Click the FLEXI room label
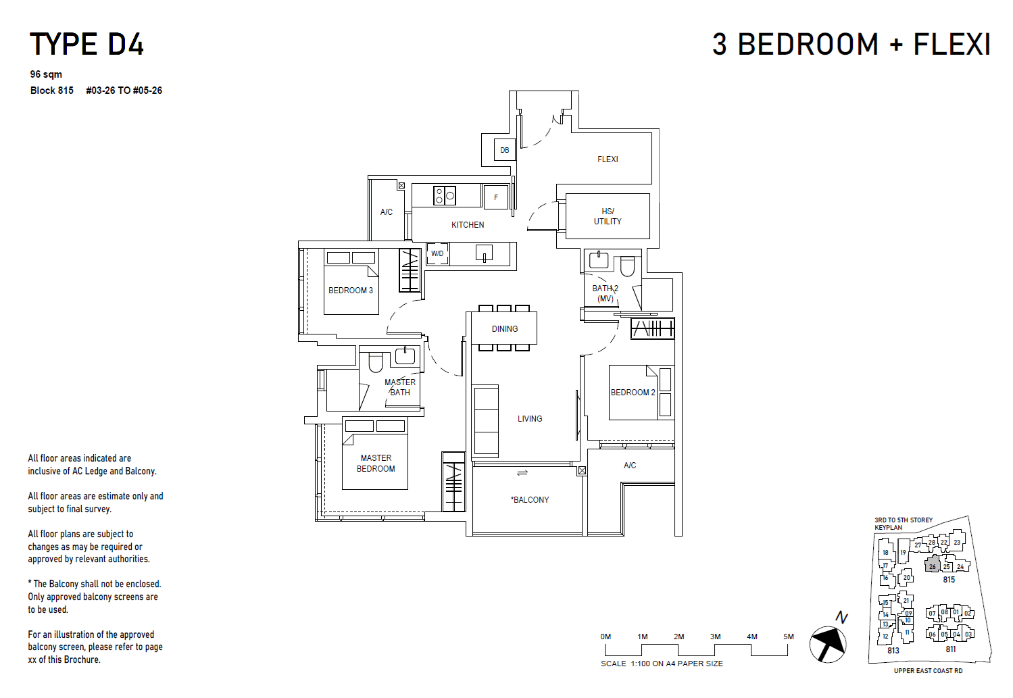pyautogui.click(x=608, y=159)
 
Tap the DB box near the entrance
pyautogui.click(x=505, y=150)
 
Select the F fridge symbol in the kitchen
pyautogui.click(x=496, y=197)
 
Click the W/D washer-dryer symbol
pyautogui.click(x=437, y=254)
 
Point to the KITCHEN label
pyautogui.click(x=468, y=225)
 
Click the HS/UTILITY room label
pyautogui.click(x=608, y=216)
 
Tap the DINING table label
pyautogui.click(x=505, y=329)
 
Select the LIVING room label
pyautogui.click(x=530, y=419)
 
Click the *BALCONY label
pyautogui.click(x=530, y=500)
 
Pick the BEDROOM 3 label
pyautogui.click(x=350, y=291)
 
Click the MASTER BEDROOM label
pyautogui.click(x=376, y=464)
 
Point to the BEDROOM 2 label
pyautogui.click(x=633, y=393)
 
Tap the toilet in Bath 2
pyautogui.click(x=627, y=266)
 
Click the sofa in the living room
pyautogui.click(x=486, y=420)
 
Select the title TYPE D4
pyautogui.click(x=87, y=45)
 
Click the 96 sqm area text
pyautogui.click(x=46, y=74)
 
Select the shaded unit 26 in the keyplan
pyautogui.click(x=933, y=565)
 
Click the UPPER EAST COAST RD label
pyautogui.click(x=928, y=671)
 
